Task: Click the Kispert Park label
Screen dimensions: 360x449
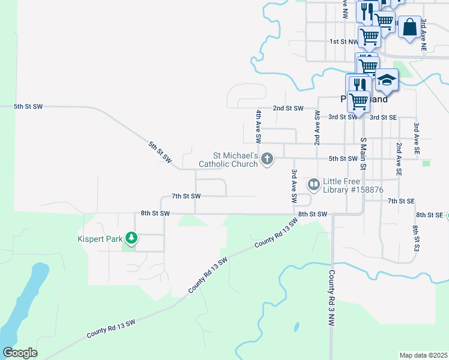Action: tap(100, 239)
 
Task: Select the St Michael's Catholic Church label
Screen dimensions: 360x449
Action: tap(229, 159)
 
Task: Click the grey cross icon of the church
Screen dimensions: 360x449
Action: tap(267, 159)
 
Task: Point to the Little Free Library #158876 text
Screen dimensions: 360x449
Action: tap(352, 185)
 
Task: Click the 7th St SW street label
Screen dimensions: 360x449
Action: tap(186, 196)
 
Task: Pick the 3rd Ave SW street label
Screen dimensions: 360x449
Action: tap(294, 185)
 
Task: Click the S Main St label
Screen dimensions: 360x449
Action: tap(363, 152)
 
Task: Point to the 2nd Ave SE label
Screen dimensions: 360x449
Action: tap(399, 159)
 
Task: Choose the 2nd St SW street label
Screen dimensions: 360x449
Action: tap(288, 109)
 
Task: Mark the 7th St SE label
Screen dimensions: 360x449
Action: tap(402, 200)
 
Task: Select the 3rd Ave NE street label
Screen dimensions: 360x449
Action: tap(424, 34)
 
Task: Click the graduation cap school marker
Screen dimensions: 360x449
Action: tap(387, 80)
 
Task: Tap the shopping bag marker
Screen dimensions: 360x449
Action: tap(409, 27)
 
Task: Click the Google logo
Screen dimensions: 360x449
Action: tap(20, 353)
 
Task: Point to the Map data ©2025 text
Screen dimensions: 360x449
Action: tap(423, 355)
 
